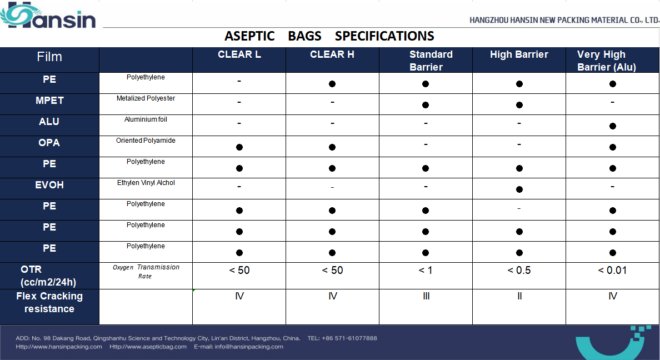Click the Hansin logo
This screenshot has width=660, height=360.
coord(48,15)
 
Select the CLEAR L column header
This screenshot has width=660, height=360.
coord(239,54)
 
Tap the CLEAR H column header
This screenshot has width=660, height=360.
coord(332,54)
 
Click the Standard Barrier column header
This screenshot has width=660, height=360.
coord(431,61)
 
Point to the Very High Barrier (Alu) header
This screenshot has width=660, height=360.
coord(607,61)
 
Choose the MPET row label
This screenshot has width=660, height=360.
coord(49,101)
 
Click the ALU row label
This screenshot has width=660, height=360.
coord(49,122)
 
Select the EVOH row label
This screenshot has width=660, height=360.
coord(49,185)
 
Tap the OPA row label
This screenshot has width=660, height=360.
coord(49,143)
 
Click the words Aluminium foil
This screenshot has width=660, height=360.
coord(146,119)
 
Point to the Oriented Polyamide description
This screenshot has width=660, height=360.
coord(146,141)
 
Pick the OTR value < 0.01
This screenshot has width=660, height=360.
coord(612,271)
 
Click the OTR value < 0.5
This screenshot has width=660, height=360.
coord(519,271)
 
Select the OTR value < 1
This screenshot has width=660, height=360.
coord(426,271)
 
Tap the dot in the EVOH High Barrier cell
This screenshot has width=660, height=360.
coord(519,189)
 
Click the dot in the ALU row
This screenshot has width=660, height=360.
coord(613,126)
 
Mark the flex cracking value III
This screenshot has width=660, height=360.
coord(427,297)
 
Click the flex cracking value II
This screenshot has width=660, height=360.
coord(519,297)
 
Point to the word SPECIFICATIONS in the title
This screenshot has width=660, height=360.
coord(384,36)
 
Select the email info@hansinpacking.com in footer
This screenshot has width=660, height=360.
coord(249,347)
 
